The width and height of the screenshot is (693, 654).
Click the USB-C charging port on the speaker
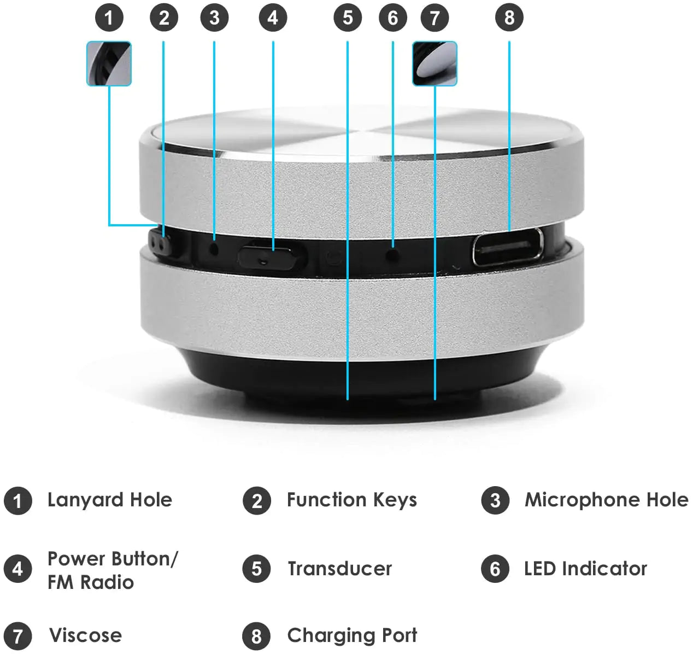tap(507, 247)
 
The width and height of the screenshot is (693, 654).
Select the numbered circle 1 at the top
tap(109, 18)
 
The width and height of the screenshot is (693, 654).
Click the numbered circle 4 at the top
tap(272, 18)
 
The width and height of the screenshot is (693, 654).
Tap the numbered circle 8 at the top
tap(509, 18)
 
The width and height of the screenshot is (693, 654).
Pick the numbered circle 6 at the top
tap(392, 18)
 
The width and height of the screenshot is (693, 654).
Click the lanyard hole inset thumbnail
tap(109, 63)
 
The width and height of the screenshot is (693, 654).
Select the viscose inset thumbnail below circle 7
tap(434, 63)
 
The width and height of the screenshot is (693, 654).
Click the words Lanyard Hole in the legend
tap(109, 500)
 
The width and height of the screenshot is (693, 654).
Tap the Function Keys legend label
tap(351, 500)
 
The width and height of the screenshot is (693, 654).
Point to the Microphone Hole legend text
tap(606, 500)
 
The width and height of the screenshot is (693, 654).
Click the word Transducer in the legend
tap(339, 569)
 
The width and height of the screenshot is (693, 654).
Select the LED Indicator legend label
tap(585, 569)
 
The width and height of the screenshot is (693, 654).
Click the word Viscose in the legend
tap(85, 635)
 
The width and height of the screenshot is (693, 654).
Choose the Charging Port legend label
tap(351, 635)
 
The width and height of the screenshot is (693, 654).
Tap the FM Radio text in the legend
tap(90, 582)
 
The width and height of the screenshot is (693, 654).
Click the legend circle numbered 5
tap(256, 569)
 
